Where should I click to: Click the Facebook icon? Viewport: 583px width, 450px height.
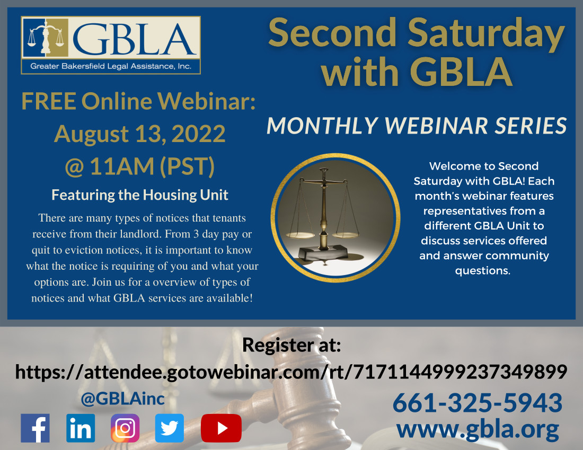35,428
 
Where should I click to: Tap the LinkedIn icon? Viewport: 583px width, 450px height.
81,428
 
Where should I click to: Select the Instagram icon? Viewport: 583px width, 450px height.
125,428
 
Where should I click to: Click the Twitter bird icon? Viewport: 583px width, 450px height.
170,428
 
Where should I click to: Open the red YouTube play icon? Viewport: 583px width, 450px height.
221,428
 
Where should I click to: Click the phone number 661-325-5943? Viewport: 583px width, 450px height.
478,403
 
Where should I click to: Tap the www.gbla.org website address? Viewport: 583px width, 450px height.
478,430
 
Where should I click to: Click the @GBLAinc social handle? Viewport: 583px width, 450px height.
123,399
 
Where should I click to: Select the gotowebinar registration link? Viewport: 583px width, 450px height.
291,372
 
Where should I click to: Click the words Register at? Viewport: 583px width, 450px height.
291,345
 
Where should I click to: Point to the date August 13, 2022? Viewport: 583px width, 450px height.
140,134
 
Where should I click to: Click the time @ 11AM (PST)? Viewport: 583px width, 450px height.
140,166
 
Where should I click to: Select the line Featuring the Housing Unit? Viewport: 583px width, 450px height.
140,195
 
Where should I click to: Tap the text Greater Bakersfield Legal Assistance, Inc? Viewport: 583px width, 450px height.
111,66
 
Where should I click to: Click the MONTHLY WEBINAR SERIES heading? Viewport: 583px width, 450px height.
417,126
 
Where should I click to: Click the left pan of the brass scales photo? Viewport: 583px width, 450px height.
300,235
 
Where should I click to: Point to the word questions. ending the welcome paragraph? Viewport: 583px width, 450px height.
483,271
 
